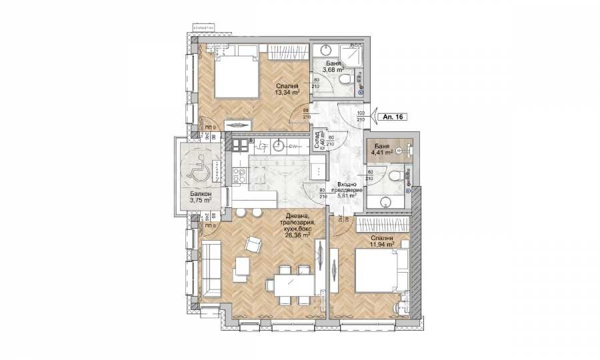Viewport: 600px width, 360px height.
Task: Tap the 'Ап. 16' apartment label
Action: pyautogui.click(x=391, y=116)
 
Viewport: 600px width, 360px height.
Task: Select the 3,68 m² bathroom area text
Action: pyautogui.click(x=333, y=69)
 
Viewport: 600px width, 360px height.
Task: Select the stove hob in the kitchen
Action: pyautogui.click(x=239, y=175)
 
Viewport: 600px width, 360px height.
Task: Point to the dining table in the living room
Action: pyautogui.click(x=290, y=285)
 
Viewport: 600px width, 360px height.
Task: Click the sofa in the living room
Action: pyautogui.click(x=211, y=270)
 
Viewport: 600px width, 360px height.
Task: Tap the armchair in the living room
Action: pyautogui.click(x=254, y=245)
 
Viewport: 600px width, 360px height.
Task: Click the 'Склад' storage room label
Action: pyautogui.click(x=319, y=141)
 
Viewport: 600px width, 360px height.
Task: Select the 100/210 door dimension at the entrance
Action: pyautogui.click(x=361, y=116)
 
